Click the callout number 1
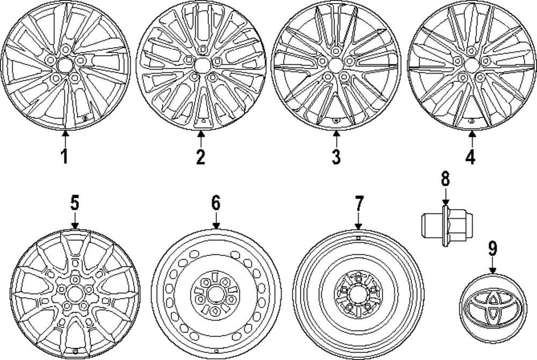[64, 157]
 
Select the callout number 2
[200, 157]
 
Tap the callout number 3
[336, 157]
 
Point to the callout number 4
[470, 157]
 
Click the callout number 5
[75, 203]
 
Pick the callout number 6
[215, 203]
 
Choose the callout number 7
[359, 204]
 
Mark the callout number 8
[445, 179]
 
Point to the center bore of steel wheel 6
[216, 295]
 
